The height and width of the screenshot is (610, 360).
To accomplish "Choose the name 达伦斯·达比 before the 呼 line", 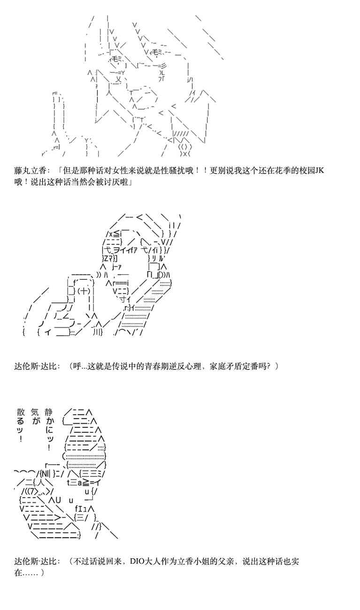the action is pos(36,366).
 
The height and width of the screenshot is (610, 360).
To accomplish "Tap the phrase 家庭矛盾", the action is pos(226,366).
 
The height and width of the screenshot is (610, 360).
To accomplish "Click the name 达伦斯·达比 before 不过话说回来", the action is pos(36,561).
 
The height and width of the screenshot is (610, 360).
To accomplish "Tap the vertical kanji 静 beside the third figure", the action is pos(49,412).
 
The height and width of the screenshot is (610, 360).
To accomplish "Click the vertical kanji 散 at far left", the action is pos(21,412).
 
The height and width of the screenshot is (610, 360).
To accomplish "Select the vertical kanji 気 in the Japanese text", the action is pos(35,412).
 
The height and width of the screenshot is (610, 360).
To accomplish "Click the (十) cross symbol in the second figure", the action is pos(84,291).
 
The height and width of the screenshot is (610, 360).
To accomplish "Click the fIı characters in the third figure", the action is pos(81,509).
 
